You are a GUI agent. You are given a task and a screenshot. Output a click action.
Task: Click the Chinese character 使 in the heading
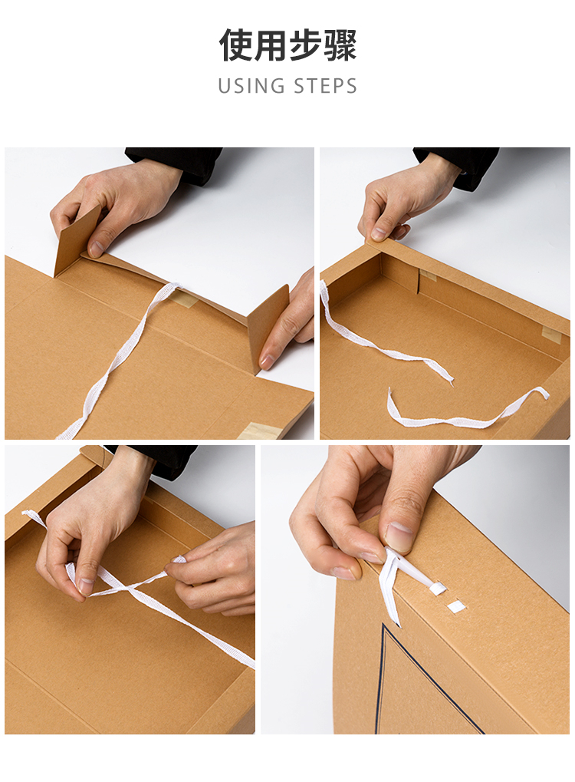click(x=236, y=45)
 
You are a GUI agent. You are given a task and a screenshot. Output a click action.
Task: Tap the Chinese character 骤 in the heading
click(x=340, y=45)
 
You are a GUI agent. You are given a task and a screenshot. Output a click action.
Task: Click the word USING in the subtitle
click(x=250, y=86)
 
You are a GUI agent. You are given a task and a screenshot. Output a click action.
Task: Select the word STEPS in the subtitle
click(x=325, y=86)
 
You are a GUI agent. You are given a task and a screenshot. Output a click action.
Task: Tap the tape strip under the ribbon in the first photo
click(x=184, y=299)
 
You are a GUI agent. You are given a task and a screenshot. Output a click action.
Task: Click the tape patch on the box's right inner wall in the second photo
click(x=551, y=335)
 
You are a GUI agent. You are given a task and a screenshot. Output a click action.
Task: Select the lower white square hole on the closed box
click(x=456, y=606)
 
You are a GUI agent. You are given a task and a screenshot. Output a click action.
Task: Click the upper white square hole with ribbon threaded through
click(x=439, y=588)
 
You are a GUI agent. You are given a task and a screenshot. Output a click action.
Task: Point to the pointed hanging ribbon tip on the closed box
click(x=397, y=621)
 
